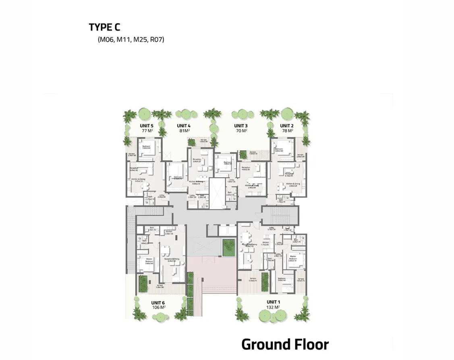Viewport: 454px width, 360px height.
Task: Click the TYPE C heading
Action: click(104, 27)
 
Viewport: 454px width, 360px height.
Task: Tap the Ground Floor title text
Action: click(285, 345)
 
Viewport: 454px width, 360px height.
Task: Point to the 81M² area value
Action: click(184, 131)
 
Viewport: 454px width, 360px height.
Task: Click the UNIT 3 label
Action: click(241, 126)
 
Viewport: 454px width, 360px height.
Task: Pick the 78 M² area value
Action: click(286, 131)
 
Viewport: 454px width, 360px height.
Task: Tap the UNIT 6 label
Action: click(158, 302)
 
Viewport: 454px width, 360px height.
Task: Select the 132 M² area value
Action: click(273, 307)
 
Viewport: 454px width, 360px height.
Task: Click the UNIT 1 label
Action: click(273, 302)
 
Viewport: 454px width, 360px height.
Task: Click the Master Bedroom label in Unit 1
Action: click(292, 257)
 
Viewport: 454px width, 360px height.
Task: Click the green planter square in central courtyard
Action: click(228, 247)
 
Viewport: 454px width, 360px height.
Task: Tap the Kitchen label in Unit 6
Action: click(169, 232)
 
